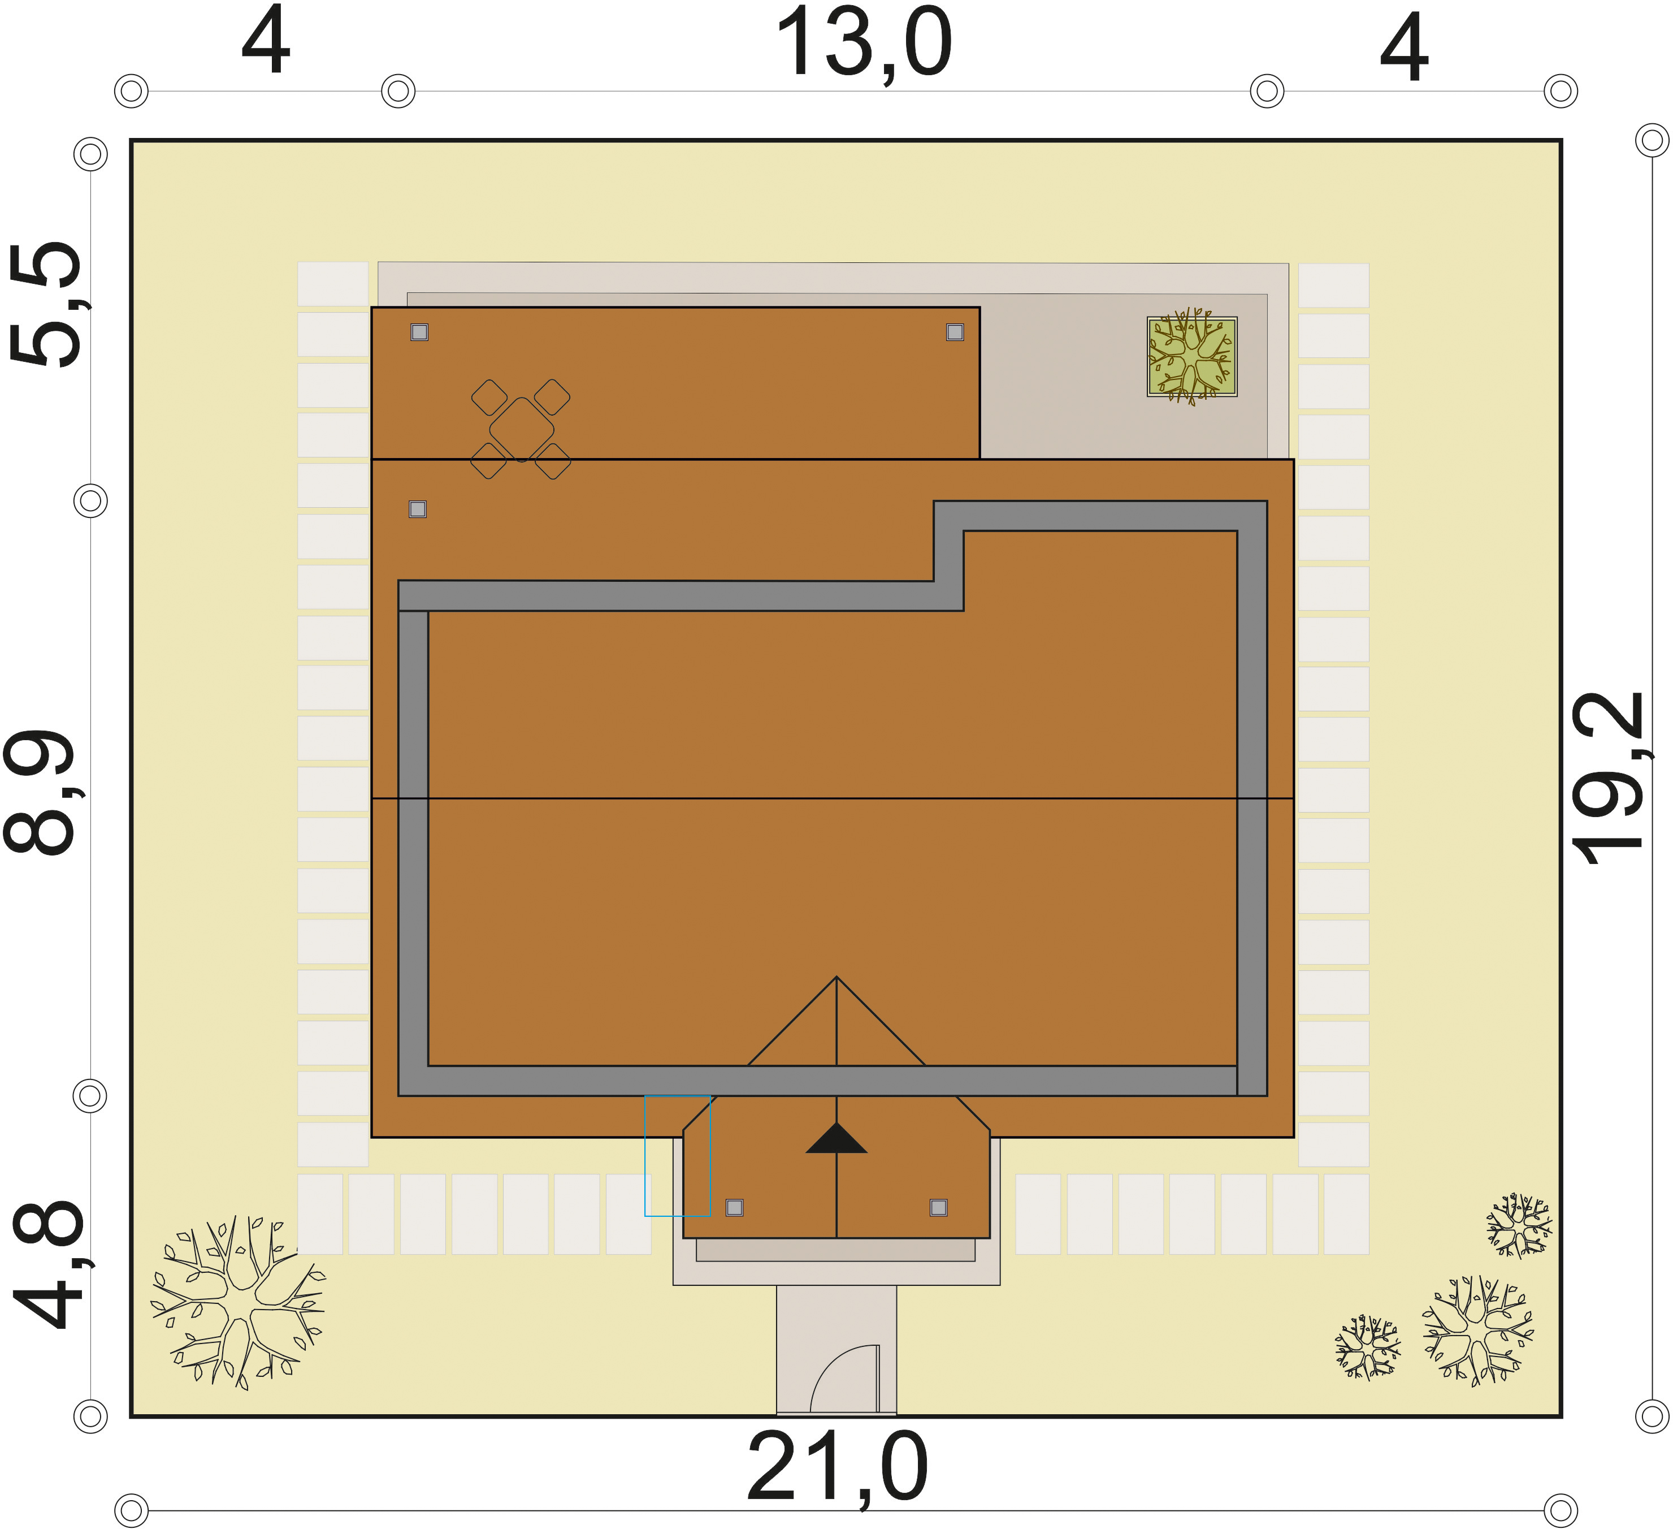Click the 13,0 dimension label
[x=863, y=43]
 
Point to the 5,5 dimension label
[x=46, y=304]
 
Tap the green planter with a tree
[x=1191, y=356]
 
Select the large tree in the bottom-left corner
[x=238, y=1302]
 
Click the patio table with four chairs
[x=521, y=429]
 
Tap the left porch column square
[x=734, y=1208]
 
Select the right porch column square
[x=939, y=1208]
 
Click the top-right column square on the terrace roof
[x=955, y=332]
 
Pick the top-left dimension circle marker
[x=131, y=90]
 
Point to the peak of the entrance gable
[x=836, y=977]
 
